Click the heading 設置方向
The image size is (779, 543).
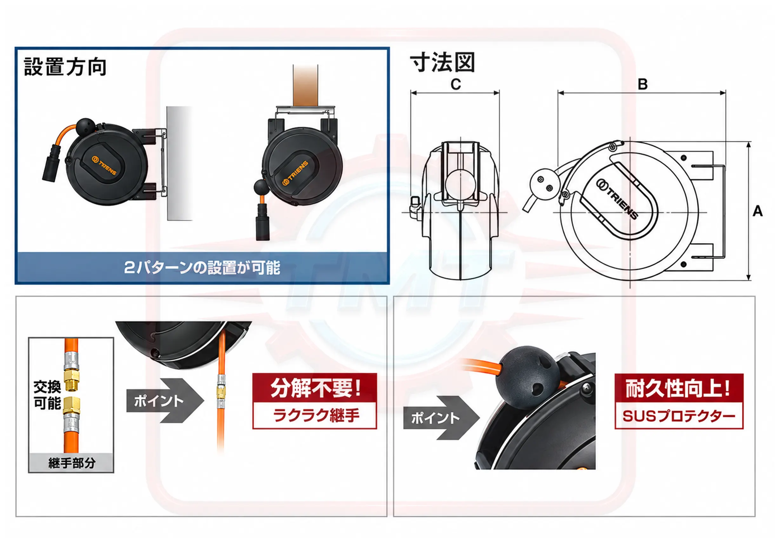(65, 67)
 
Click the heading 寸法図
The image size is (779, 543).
(443, 63)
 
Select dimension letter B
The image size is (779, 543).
(642, 84)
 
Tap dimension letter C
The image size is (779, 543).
(456, 84)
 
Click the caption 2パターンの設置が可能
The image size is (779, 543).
(202, 267)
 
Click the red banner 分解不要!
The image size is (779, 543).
(315, 388)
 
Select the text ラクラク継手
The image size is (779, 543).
(316, 415)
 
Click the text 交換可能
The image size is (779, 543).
(47, 395)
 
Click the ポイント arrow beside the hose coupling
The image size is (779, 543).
(165, 401)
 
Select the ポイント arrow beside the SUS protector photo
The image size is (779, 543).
(441, 418)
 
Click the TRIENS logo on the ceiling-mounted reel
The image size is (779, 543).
(295, 173)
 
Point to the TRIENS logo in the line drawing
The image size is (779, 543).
(617, 199)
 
